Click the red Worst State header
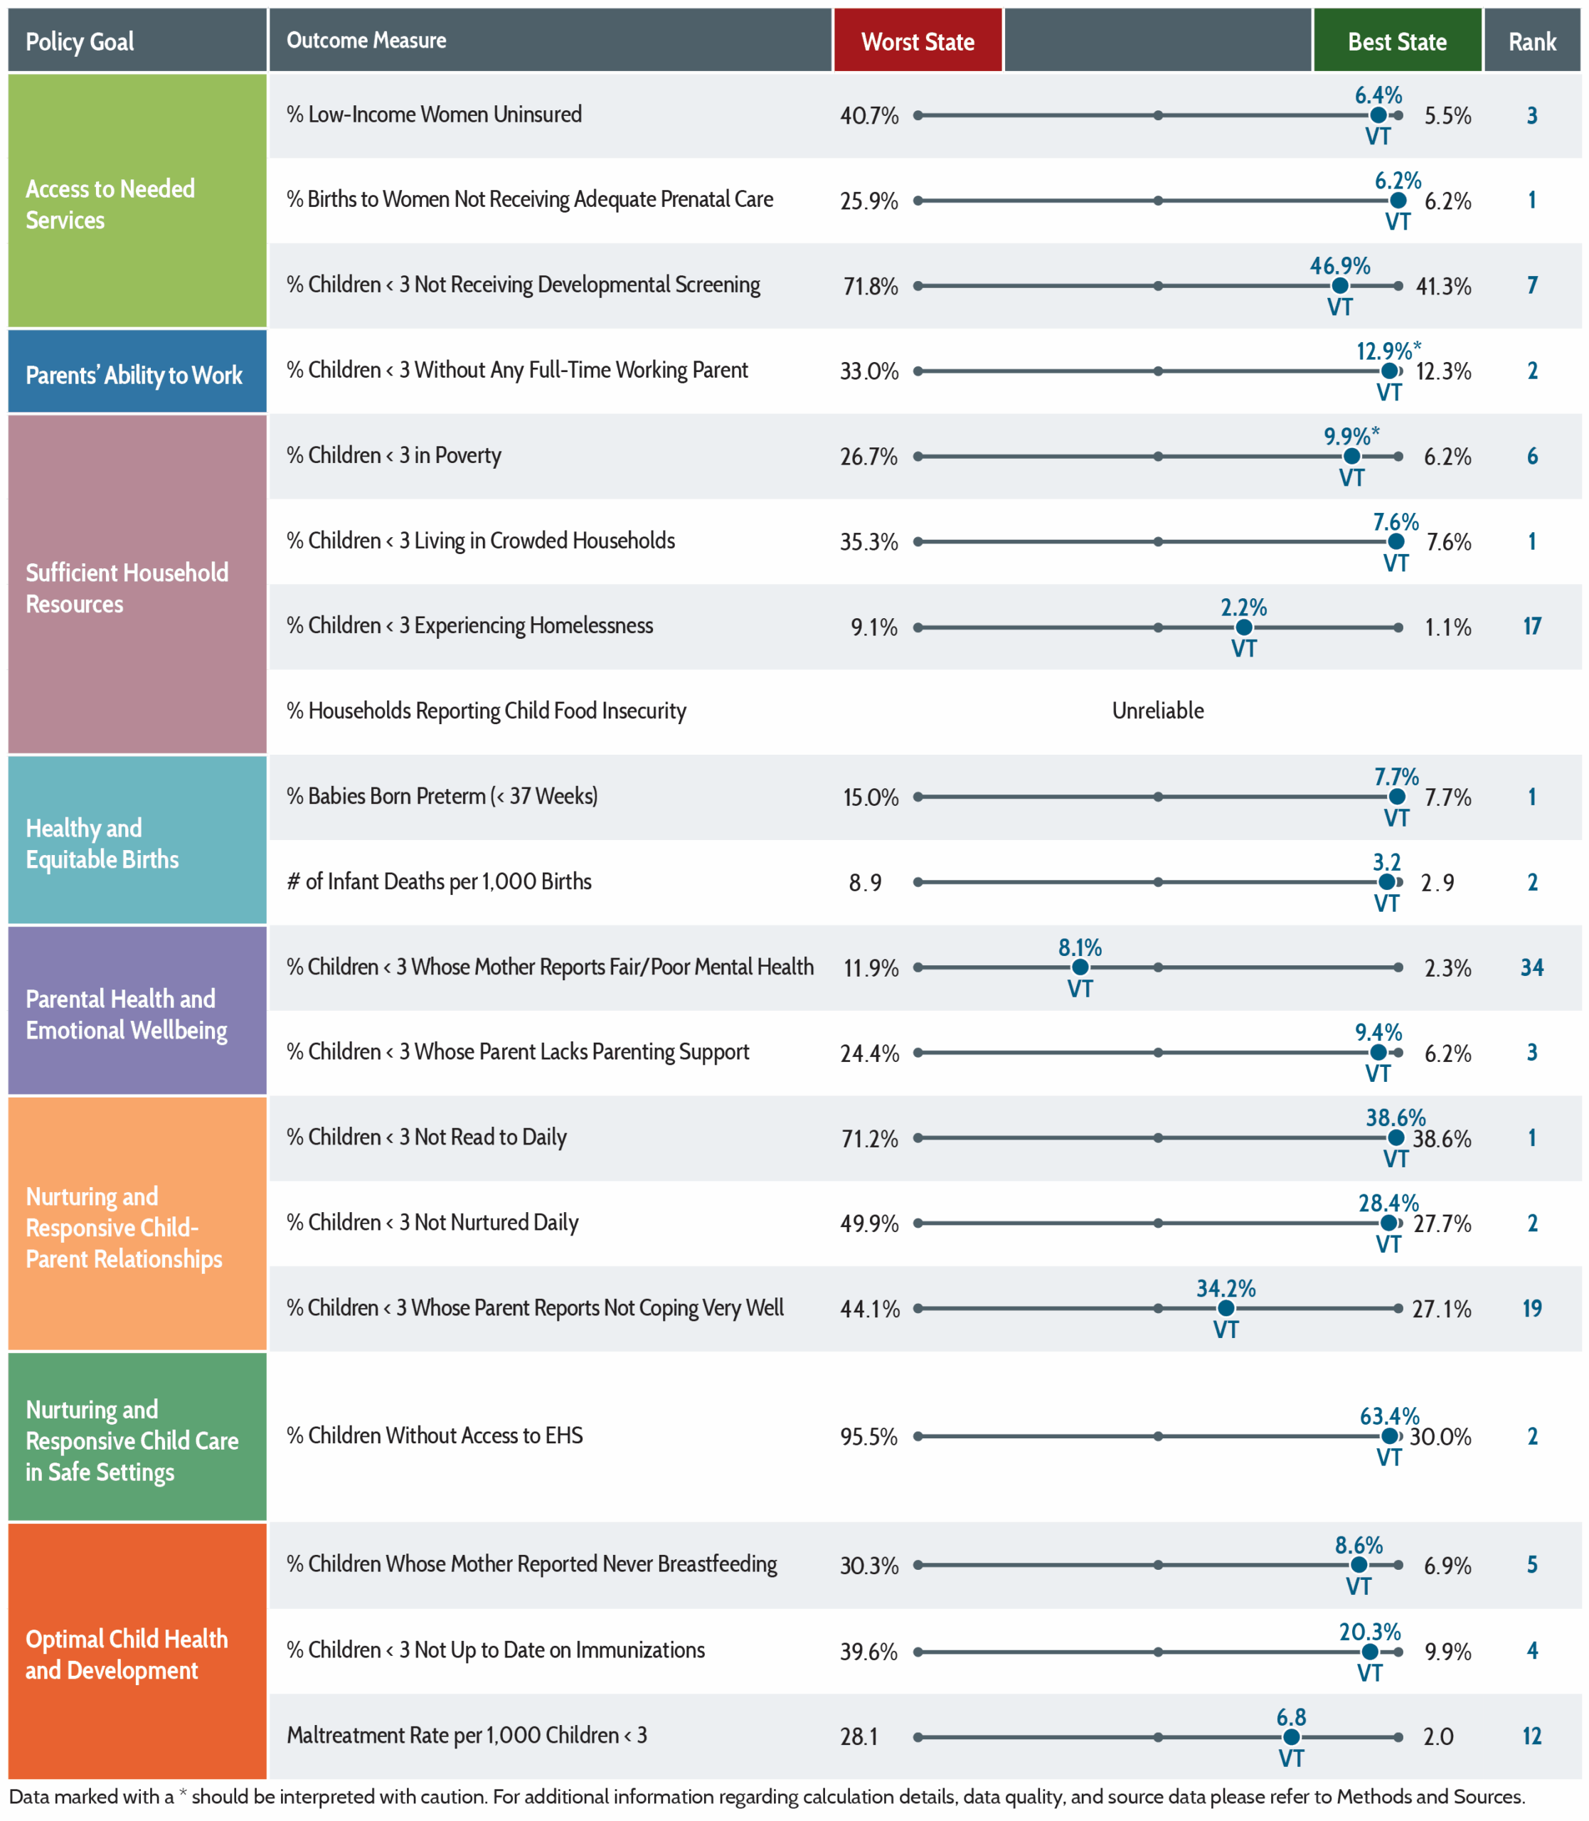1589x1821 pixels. [918, 41]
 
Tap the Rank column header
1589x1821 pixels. [1532, 41]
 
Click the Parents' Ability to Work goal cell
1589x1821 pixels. [137, 371]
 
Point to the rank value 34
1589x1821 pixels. [1532, 967]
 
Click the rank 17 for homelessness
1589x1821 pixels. [1532, 626]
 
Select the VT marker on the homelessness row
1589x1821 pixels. [1244, 627]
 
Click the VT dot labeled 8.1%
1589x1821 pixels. [1080, 967]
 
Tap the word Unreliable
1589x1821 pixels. [1158, 710]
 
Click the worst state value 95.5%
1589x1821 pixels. [869, 1436]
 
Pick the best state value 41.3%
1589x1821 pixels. [1444, 287]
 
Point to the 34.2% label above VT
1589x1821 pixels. [1226, 1288]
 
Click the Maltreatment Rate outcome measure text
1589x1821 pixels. [467, 1735]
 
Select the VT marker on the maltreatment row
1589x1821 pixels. [1291, 1738]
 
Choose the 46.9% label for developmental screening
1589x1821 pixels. [1340, 266]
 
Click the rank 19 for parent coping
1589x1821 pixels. [1532, 1307]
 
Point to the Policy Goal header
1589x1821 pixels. [80, 41]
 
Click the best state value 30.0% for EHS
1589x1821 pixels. [1441, 1436]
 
